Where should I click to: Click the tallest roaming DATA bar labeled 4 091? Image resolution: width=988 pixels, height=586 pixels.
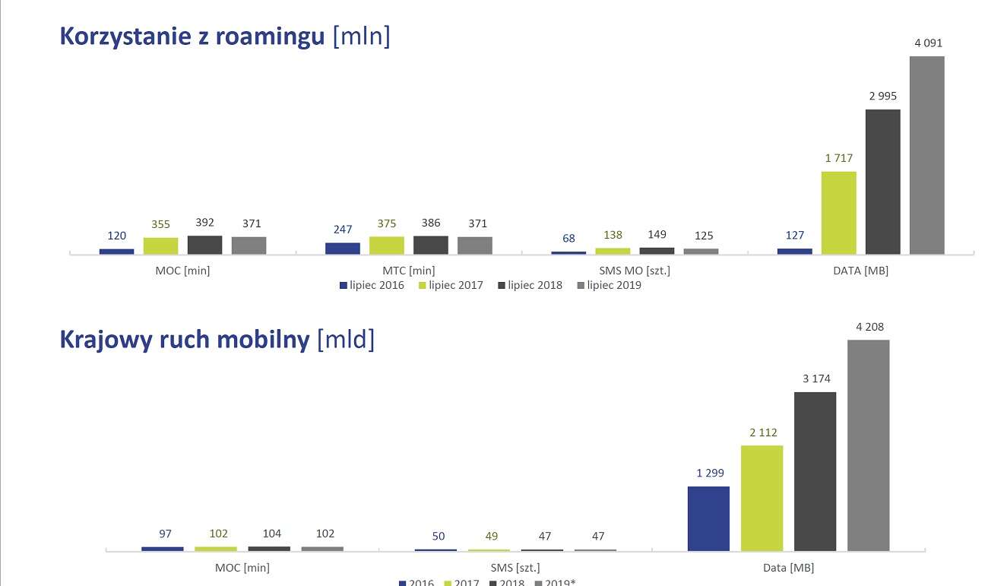(x=926, y=155)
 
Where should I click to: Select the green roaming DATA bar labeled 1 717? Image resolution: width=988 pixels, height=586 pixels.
(x=838, y=213)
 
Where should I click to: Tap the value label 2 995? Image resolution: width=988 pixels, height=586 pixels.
(x=882, y=96)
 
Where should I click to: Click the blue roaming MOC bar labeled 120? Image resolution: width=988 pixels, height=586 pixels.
(x=116, y=251)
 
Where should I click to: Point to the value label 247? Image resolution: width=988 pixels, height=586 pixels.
(x=343, y=230)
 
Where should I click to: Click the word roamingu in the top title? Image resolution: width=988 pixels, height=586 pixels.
(x=270, y=37)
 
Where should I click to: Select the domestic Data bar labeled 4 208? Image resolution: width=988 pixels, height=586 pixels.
(x=869, y=445)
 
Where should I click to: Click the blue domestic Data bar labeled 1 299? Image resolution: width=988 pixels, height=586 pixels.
(x=708, y=518)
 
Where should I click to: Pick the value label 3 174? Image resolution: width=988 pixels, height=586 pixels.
(x=815, y=379)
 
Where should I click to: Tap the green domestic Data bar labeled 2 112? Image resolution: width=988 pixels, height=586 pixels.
(x=762, y=498)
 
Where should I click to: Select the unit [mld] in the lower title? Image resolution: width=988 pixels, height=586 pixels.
(x=345, y=340)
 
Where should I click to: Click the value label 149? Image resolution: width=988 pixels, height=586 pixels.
(x=657, y=235)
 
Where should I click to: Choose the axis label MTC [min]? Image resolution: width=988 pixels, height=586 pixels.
(x=408, y=271)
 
